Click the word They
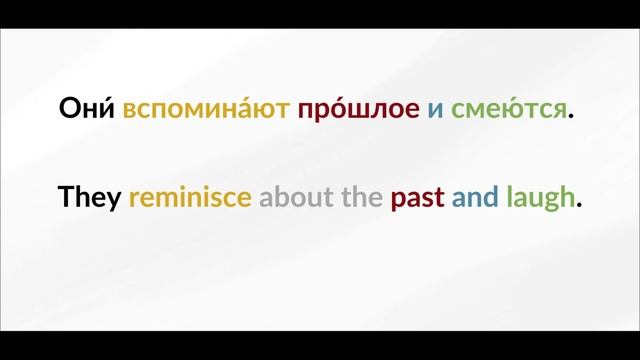(x=90, y=197)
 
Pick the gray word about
(x=297, y=197)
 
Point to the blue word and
(x=474, y=197)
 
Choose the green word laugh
(x=540, y=198)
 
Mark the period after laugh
(x=579, y=205)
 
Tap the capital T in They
(x=67, y=197)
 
